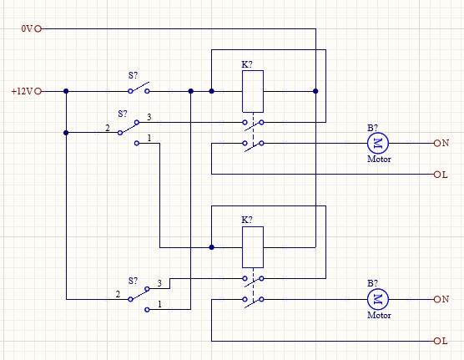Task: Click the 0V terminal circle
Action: click(x=38, y=28)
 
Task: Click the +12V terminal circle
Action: click(x=38, y=91)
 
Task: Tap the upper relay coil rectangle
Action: click(x=253, y=91)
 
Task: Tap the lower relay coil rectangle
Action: click(x=253, y=247)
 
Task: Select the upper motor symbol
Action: click(x=378, y=143)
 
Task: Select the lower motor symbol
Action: click(x=378, y=299)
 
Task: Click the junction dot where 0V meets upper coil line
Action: click(x=315, y=91)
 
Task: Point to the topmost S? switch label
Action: click(x=134, y=75)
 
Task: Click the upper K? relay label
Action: click(x=247, y=64)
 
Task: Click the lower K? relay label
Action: click(x=247, y=220)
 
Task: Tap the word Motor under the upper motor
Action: click(x=379, y=159)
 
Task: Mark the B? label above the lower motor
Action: click(x=372, y=283)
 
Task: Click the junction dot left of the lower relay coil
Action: click(x=212, y=247)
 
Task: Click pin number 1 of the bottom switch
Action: click(x=159, y=304)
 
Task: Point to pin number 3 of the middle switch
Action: click(x=149, y=117)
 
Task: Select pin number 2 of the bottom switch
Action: click(x=118, y=294)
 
